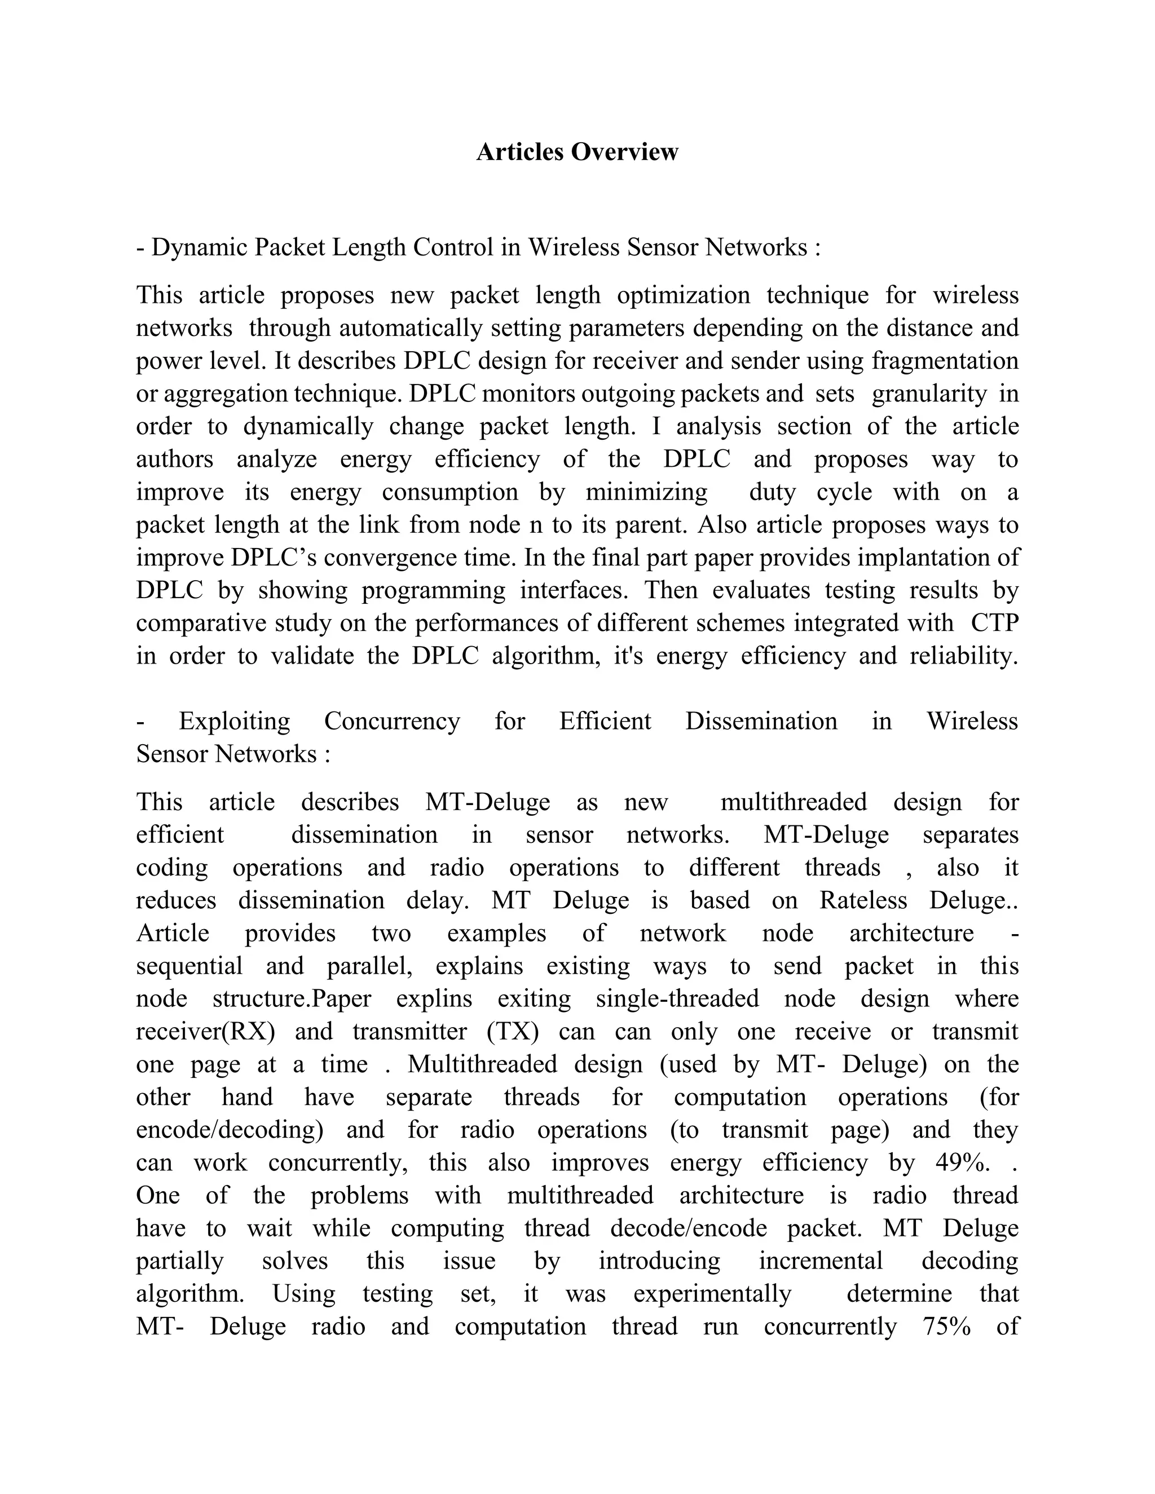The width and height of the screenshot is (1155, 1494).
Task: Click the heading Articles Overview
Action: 577,152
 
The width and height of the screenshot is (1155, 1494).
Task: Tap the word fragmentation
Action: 945,360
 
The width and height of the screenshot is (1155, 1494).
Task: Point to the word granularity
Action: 928,394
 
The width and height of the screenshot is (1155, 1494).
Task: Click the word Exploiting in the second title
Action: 234,721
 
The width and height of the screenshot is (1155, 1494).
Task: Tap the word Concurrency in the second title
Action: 392,721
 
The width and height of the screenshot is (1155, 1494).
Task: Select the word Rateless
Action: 863,900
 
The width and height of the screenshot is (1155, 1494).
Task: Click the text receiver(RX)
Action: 205,1032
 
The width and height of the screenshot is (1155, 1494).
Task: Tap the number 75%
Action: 946,1327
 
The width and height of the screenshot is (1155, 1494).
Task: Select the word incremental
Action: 821,1261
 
